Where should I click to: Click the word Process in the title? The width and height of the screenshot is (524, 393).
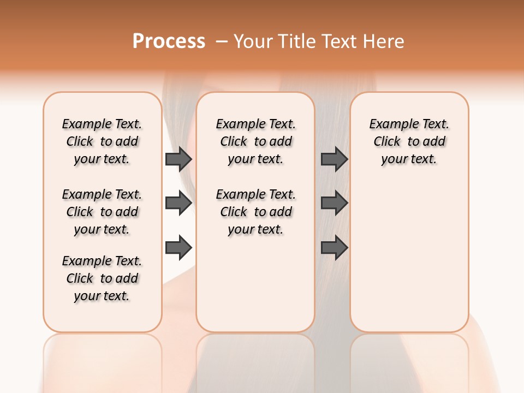169,41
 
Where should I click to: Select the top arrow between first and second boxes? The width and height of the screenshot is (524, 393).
178,159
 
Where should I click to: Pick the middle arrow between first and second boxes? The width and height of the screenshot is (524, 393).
178,204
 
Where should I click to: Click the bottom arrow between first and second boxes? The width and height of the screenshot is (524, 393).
178,248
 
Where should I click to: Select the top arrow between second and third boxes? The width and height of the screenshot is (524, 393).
334,159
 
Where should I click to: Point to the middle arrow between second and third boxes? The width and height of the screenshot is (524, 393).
334,204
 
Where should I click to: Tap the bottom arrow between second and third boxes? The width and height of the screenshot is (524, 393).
334,248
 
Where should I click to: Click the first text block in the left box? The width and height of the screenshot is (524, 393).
102,141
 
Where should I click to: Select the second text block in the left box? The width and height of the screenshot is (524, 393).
102,212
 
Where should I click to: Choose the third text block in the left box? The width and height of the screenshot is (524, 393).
102,278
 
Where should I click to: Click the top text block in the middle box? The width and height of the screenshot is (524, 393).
255,141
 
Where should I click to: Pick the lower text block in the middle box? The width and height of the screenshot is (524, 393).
255,212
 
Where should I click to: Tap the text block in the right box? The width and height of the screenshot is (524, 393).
409,141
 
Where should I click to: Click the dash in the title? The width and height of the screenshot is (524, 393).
221,41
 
